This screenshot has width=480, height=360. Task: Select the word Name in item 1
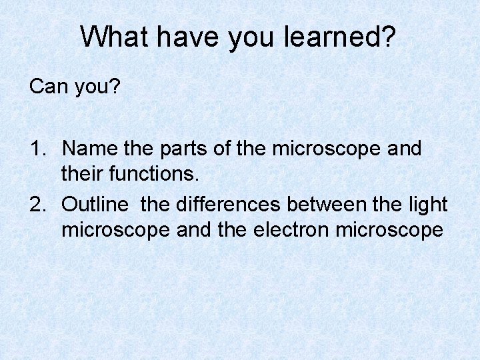click(x=89, y=149)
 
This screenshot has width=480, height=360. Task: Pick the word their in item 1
click(x=80, y=175)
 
